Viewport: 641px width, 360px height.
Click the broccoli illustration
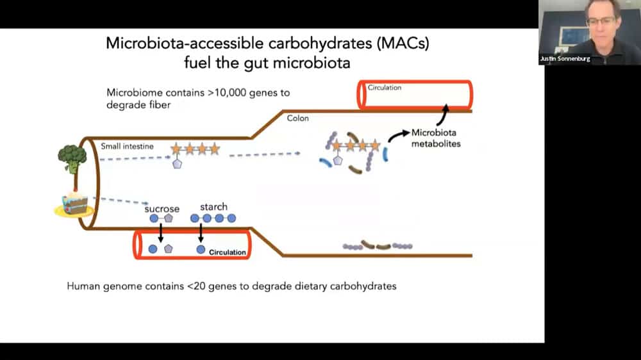[x=72, y=158]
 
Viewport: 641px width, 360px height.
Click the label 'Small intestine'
[x=127, y=146]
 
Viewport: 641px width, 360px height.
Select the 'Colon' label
[x=297, y=118]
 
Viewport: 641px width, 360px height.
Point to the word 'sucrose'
[x=162, y=209]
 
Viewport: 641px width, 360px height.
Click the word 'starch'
[x=213, y=207]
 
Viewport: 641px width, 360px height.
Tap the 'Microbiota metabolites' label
[x=436, y=138]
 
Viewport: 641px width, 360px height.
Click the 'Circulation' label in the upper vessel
[x=384, y=87]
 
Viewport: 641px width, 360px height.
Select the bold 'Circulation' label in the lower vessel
[x=227, y=252]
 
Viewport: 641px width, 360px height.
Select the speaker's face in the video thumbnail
[x=599, y=22]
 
